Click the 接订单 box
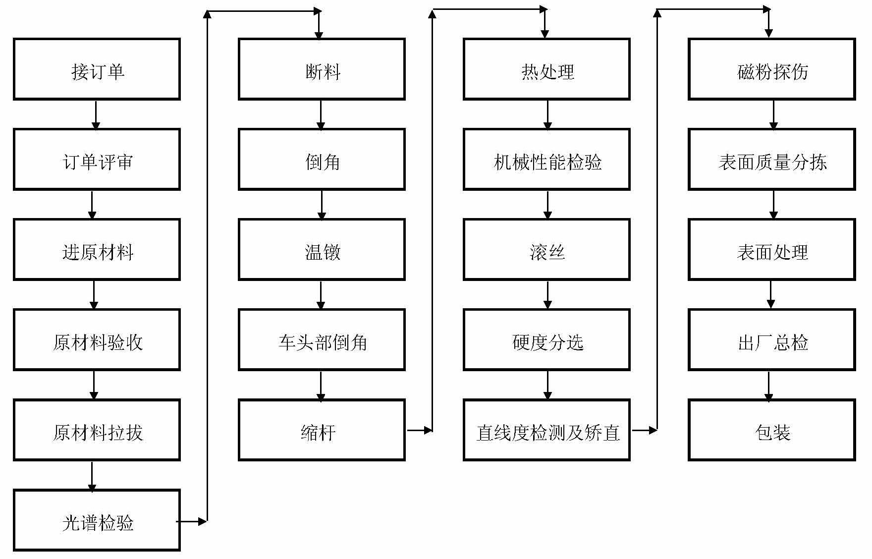[x=97, y=69]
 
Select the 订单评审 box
[x=97, y=160]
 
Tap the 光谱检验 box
[x=97, y=520]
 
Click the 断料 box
[x=322, y=69]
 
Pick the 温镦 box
[x=322, y=250]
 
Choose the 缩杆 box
[x=322, y=430]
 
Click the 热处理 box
[x=546, y=69]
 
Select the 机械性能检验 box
[x=546, y=160]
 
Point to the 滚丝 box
[x=546, y=250]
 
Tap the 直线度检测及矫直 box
[x=546, y=430]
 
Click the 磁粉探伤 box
[x=771, y=69]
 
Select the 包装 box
[x=771, y=430]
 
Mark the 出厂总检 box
[x=771, y=340]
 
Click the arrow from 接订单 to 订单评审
[x=96, y=114]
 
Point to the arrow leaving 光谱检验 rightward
[x=192, y=521]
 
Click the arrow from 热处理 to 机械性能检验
[x=547, y=114]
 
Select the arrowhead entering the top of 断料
[x=319, y=34]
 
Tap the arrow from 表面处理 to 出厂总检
[x=770, y=295]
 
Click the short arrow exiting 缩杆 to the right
[x=419, y=430]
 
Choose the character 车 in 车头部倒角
[x=287, y=342]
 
